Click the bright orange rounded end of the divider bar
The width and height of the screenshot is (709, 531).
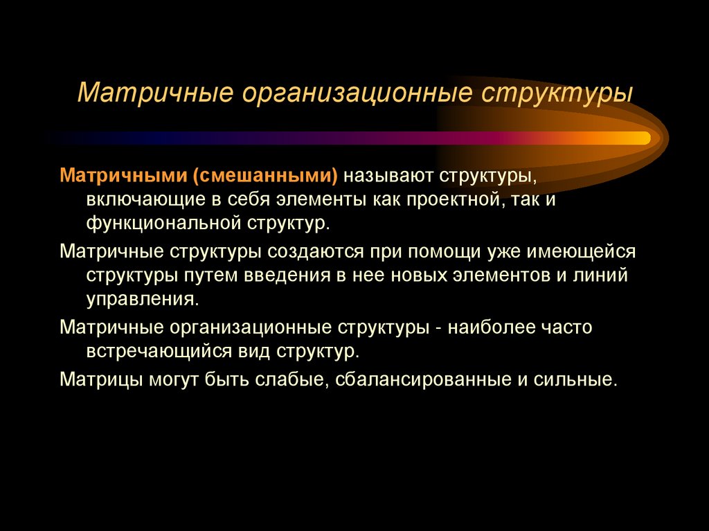pos(640,138)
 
